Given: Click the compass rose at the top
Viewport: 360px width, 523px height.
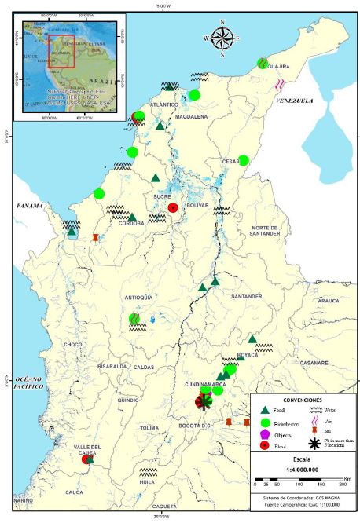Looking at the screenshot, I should pos(222,37).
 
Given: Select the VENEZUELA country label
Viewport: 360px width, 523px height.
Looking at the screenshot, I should pos(294,101).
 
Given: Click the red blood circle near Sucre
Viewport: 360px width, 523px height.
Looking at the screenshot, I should pos(173,207).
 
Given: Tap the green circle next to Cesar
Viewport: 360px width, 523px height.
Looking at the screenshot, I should pos(244,160).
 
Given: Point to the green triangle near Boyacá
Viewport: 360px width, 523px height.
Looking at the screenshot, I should pos(252,339).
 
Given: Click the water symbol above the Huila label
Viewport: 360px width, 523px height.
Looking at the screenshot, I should pos(147,472).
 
